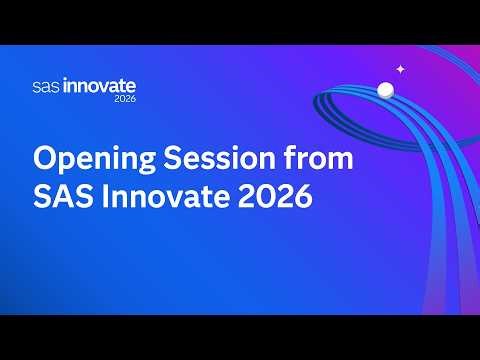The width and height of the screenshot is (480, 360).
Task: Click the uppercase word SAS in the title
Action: [60, 197]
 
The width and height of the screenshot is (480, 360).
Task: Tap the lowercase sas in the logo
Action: [45, 88]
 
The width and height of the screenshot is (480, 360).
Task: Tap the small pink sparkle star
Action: [400, 69]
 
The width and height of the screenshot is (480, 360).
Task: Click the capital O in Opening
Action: [45, 159]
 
